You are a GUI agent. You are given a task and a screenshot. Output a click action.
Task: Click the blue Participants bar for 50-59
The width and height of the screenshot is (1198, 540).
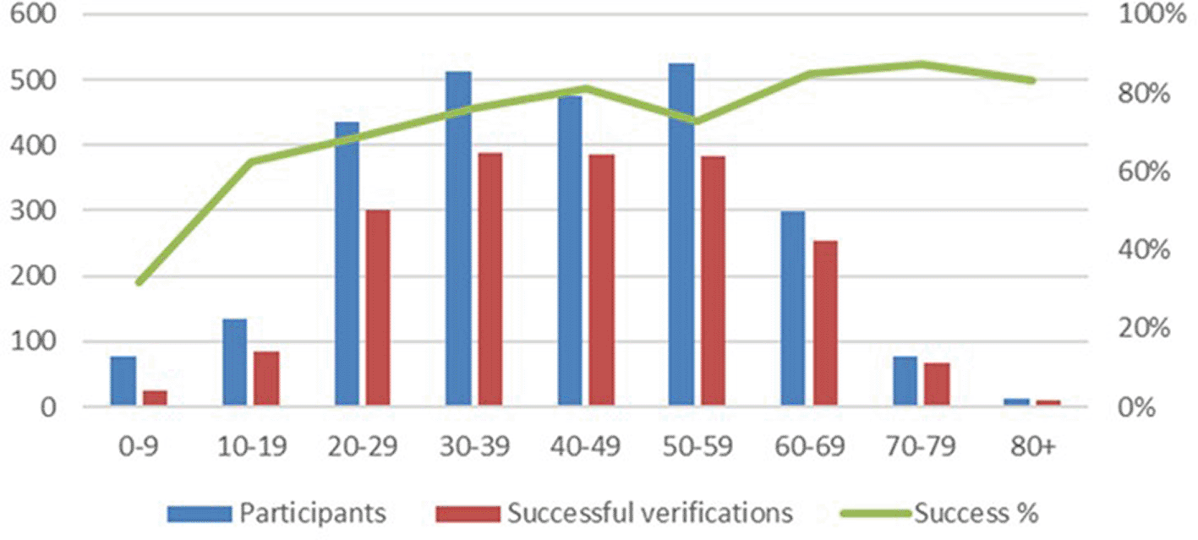681,234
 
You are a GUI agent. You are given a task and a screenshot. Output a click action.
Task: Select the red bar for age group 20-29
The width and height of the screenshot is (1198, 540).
378,308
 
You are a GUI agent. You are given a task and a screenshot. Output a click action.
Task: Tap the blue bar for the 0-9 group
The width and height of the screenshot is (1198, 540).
123,380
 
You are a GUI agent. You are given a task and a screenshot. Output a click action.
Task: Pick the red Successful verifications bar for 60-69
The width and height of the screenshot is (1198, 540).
825,323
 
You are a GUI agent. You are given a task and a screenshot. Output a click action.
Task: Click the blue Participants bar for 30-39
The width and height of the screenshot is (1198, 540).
458,238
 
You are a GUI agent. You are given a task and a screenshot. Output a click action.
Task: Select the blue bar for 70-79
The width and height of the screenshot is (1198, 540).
905,380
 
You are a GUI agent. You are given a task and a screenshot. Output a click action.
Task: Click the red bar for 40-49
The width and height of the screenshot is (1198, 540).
602,280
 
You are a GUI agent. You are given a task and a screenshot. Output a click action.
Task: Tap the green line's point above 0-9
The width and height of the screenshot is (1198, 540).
139,281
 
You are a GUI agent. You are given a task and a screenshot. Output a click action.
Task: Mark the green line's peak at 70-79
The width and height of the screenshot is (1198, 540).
921,65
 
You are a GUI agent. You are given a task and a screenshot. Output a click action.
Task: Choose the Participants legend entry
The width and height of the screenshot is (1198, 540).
276,513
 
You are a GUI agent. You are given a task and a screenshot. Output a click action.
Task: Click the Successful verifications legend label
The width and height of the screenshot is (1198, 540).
650,513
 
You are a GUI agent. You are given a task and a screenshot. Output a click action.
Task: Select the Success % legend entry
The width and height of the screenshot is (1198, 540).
939,513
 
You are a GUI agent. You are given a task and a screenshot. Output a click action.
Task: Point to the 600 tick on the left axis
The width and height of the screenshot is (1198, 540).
33,14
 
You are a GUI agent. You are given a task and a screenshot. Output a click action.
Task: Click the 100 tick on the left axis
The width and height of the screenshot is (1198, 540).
33,341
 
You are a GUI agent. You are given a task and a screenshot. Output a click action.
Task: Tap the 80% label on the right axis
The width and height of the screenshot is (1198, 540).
1143,94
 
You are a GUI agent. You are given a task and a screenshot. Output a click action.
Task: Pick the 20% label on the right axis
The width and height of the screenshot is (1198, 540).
1143,328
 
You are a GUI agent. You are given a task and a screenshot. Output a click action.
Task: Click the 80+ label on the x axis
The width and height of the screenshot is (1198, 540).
1033,446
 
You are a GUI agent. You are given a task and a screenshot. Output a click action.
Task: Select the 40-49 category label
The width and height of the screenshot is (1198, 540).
586,446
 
